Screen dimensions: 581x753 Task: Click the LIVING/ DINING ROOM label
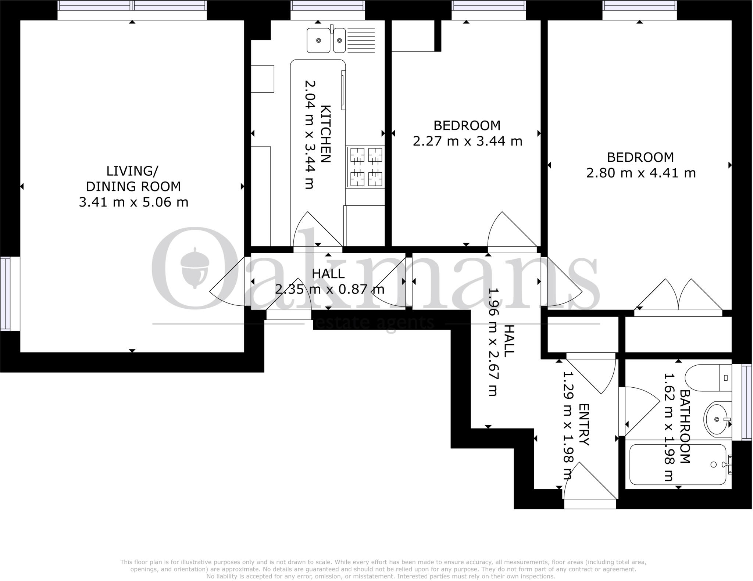(133, 179)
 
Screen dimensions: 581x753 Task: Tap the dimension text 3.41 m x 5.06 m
(133, 202)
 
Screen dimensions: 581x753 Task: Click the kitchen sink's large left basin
(318, 40)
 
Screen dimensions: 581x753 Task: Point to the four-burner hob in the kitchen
(365, 167)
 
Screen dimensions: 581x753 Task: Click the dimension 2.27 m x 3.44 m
(467, 141)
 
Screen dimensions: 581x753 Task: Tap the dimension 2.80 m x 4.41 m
(640, 173)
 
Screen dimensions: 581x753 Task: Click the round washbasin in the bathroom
(716, 419)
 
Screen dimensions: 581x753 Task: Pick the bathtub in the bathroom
(678, 465)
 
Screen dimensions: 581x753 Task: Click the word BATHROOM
(685, 426)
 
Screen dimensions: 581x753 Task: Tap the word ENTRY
(584, 424)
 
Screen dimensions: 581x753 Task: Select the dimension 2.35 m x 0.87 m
(329, 290)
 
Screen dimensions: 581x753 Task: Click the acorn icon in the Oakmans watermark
(195, 267)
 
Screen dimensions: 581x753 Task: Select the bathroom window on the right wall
(746, 402)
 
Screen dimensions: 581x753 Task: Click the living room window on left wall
(5, 294)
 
